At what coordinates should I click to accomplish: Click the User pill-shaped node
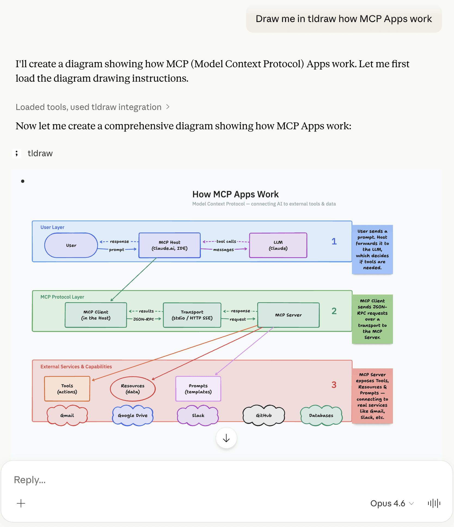tap(71, 245)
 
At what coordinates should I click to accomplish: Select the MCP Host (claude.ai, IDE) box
tap(169, 245)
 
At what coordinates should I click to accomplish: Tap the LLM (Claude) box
tap(278, 245)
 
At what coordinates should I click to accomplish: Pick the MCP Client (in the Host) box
tap(96, 315)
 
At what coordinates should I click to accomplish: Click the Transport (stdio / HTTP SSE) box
tap(192, 315)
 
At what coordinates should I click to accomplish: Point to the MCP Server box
tap(288, 315)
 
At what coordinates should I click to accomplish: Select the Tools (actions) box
tap(67, 389)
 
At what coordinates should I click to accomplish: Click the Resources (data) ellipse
tap(133, 389)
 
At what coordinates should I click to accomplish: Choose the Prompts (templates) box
tap(198, 389)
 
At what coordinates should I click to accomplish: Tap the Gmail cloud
tap(67, 415)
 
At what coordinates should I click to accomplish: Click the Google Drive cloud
tap(133, 415)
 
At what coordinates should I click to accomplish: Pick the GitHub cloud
tap(263, 415)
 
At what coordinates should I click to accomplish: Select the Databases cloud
tap(321, 415)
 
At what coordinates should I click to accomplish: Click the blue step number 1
tap(334, 241)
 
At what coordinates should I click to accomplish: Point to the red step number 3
tap(334, 385)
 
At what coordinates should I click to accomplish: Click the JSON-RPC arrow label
tap(143, 319)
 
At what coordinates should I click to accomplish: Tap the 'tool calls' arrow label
tap(226, 241)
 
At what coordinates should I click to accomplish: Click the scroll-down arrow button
tap(226, 438)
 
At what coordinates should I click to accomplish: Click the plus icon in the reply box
tap(21, 503)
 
